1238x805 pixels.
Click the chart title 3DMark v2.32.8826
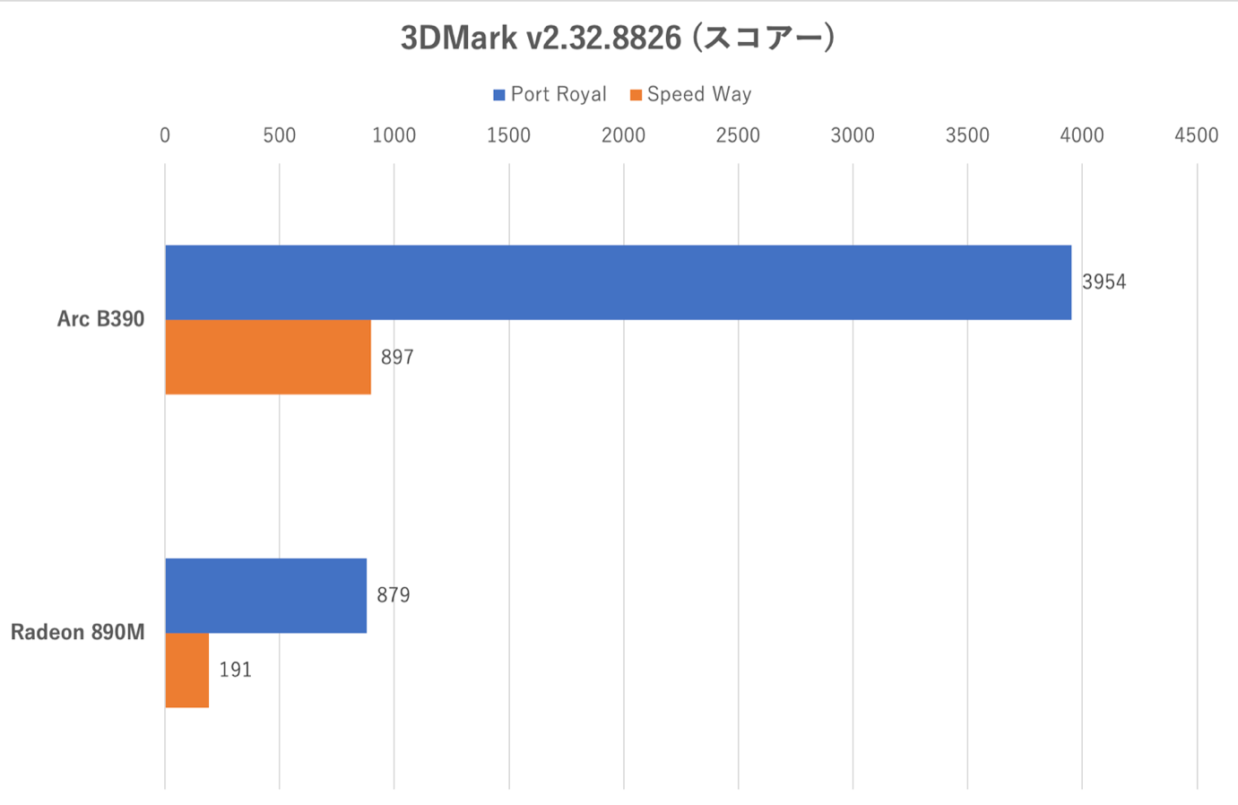tap(618, 38)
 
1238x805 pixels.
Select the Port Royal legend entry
tap(550, 94)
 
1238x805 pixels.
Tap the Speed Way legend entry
tap(690, 94)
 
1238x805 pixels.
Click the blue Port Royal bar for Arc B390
tap(618, 282)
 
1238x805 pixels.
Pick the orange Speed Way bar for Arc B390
tap(267, 357)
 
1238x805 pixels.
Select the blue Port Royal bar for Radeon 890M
tap(265, 595)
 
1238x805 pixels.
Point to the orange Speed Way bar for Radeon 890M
tap(186, 670)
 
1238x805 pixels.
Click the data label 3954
tap(1104, 282)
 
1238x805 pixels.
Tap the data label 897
tap(397, 358)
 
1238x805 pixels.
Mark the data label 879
tap(394, 595)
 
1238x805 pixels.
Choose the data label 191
tap(236, 671)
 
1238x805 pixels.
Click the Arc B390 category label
tap(100, 319)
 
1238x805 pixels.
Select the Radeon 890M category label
tap(77, 633)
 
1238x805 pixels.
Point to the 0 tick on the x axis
tap(165, 135)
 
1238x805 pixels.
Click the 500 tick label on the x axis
tap(280, 135)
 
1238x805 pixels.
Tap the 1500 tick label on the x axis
tap(508, 135)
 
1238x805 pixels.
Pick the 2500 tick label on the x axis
tap(738, 135)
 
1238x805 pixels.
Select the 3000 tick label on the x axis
tap(853, 135)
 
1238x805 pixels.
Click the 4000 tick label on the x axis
tap(1082, 135)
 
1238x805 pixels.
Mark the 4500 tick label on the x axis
tap(1197, 135)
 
